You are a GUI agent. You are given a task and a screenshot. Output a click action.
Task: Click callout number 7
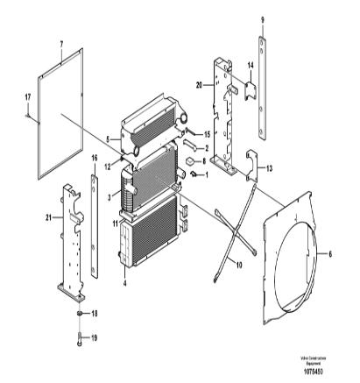(62, 43)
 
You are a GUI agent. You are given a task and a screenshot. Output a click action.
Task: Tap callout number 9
(261, 19)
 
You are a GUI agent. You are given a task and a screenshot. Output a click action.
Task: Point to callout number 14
(250, 66)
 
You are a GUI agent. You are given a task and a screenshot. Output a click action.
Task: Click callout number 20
(200, 84)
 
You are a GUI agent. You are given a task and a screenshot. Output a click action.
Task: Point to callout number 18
(95, 313)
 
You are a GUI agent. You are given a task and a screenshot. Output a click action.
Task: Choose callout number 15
(207, 133)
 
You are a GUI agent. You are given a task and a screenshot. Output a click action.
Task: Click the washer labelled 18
(80, 313)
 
